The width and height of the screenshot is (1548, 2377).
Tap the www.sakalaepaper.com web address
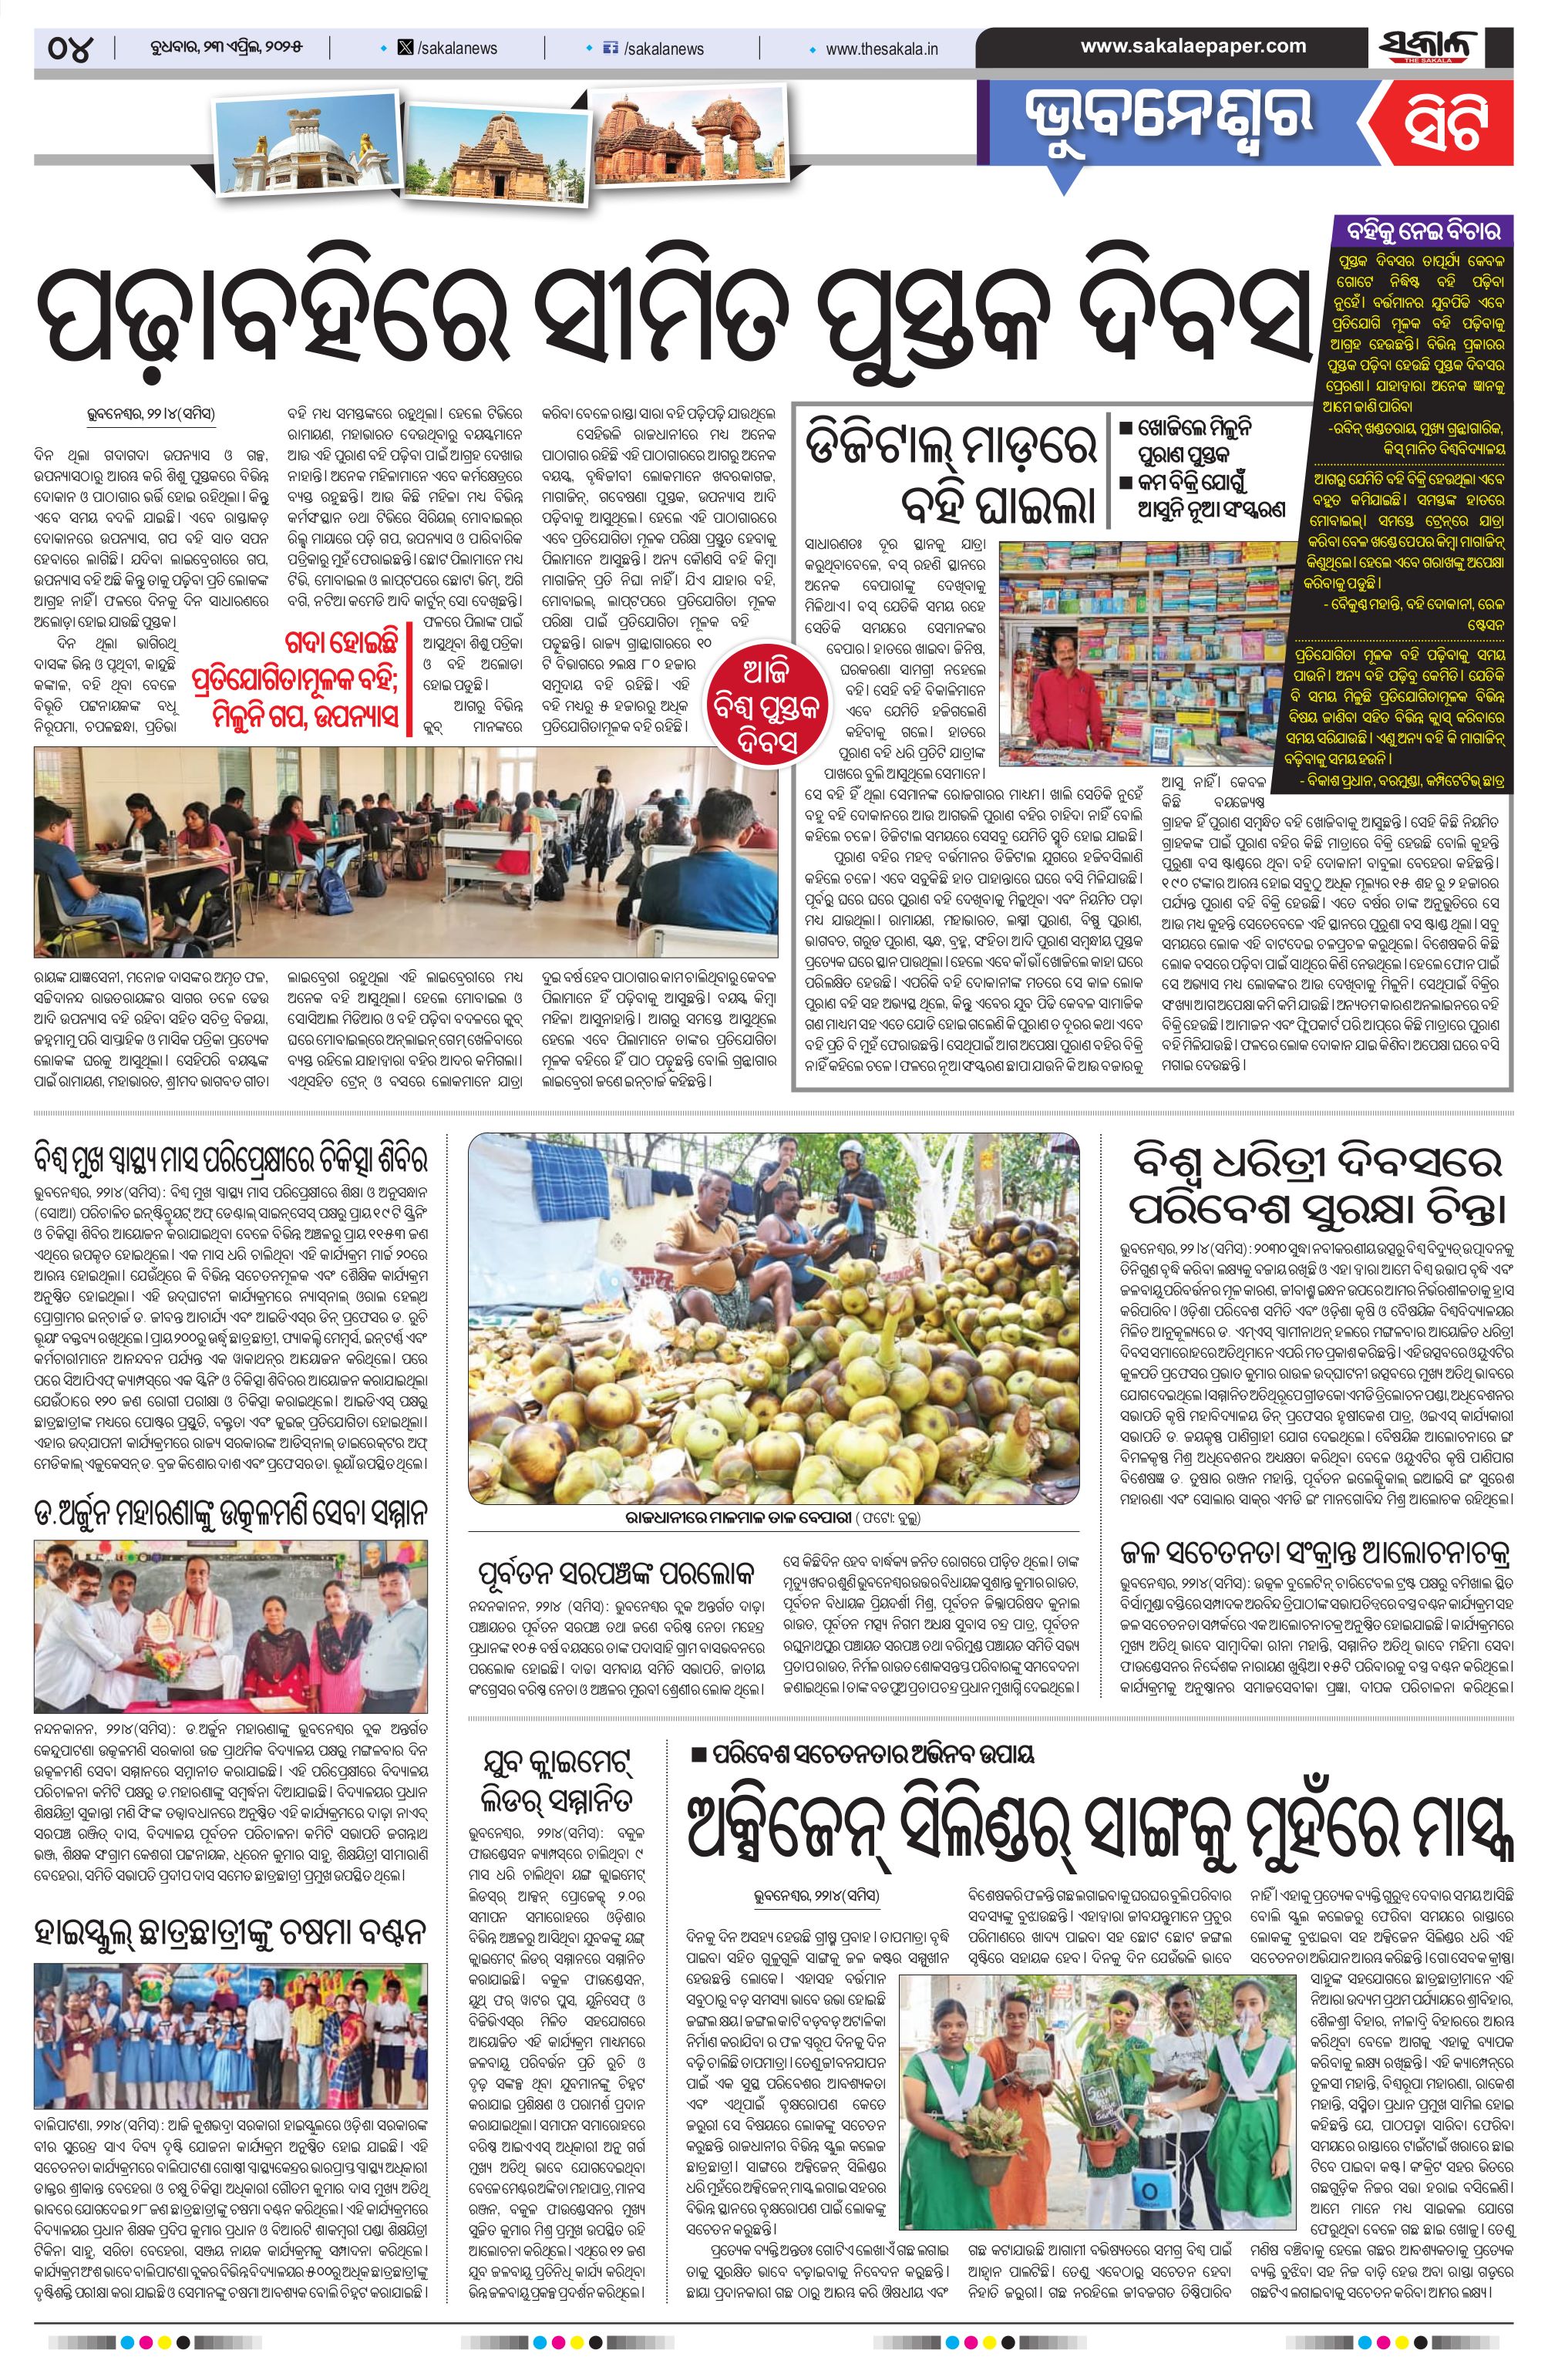tap(1193, 46)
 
